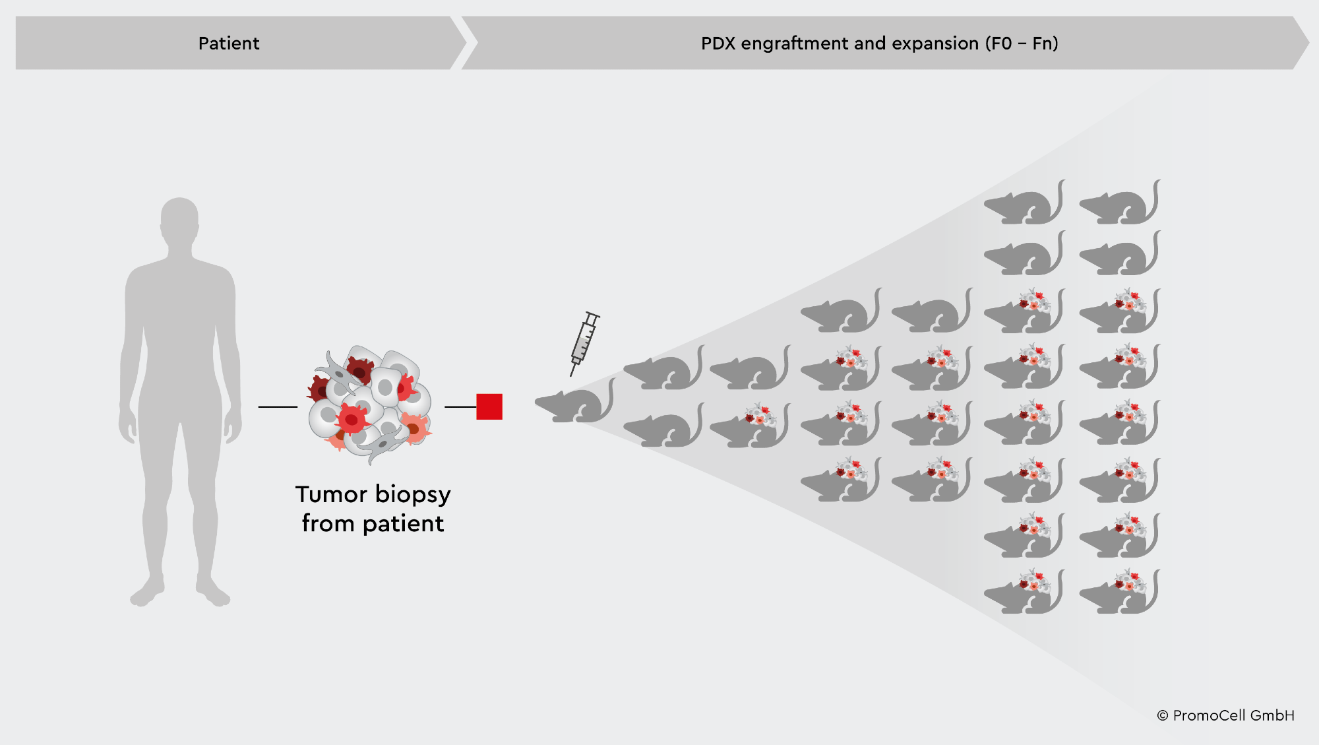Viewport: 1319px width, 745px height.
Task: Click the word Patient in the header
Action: click(229, 44)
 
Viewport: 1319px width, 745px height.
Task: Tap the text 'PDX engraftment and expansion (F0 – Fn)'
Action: click(879, 44)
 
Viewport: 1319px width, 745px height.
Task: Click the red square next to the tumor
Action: click(489, 406)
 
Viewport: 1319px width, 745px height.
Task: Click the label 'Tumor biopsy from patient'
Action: click(373, 508)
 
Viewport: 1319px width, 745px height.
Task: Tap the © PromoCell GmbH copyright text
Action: click(1225, 715)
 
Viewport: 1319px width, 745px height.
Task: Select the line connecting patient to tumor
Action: click(278, 406)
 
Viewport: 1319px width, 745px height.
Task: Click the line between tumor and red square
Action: click(460, 406)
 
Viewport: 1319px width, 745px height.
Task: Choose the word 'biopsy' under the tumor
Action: click(413, 495)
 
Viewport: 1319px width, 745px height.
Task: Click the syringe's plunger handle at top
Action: click(593, 316)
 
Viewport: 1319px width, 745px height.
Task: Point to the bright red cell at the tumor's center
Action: click(352, 418)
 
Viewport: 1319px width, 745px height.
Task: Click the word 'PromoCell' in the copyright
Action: click(1210, 715)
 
